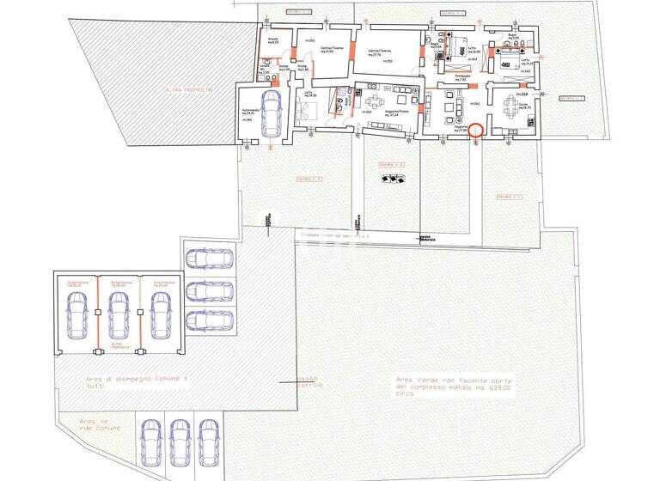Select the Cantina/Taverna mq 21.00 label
[333, 51]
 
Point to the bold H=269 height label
[522, 94]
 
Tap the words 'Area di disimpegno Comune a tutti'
[136, 382]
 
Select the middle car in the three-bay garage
[116, 313]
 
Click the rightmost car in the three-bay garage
[160, 313]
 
